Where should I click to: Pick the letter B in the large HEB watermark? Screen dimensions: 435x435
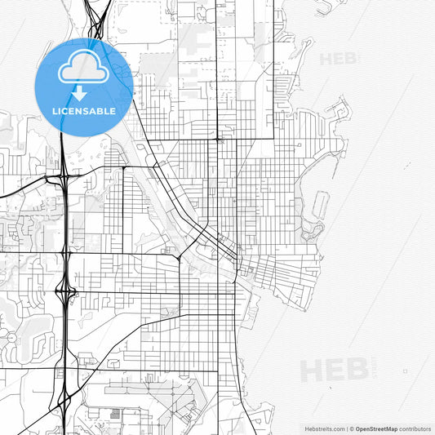click(x=356, y=371)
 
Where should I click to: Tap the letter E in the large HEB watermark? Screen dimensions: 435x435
click(x=335, y=371)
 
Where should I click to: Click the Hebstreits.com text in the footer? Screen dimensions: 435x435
click(x=323, y=428)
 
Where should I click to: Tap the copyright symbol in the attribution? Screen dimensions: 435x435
click(x=352, y=428)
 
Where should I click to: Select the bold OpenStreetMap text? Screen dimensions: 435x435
click(x=378, y=428)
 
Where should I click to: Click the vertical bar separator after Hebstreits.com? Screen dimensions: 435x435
click(x=346, y=428)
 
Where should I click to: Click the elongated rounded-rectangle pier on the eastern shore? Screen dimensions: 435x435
click(x=319, y=208)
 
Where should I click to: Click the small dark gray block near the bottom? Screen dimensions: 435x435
click(x=116, y=415)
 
